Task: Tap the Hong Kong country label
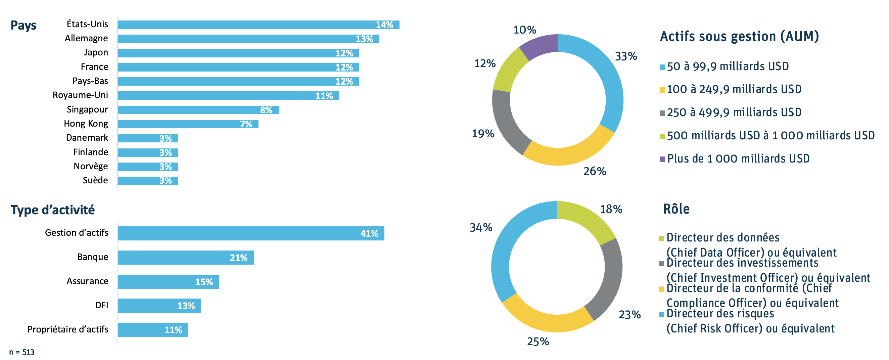tap(86, 124)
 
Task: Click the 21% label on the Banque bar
tap(238, 258)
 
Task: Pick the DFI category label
tap(101, 306)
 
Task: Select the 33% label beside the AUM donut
tap(626, 56)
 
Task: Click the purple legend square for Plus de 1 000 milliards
tap(662, 159)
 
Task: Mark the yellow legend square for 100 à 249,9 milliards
tap(662, 90)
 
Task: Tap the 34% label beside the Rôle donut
tap(481, 227)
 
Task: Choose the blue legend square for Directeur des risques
tap(661, 314)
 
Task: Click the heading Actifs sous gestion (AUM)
tap(739, 37)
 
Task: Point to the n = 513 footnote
tap(22, 352)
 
